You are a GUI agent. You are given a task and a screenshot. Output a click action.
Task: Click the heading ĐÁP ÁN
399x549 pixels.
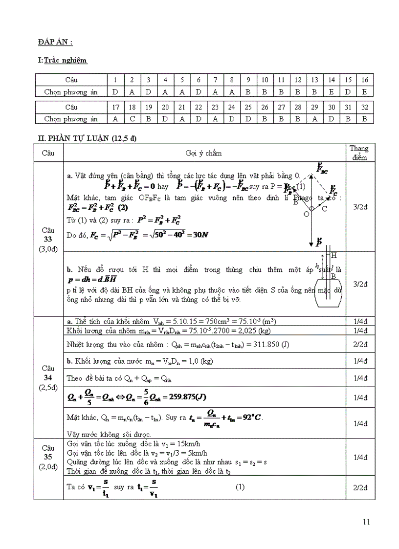pyautogui.click(x=55, y=43)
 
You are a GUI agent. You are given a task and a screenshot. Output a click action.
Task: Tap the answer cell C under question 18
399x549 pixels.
pyautogui.click(x=132, y=118)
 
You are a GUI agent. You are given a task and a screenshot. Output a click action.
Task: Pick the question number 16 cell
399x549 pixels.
pyautogui.click(x=365, y=79)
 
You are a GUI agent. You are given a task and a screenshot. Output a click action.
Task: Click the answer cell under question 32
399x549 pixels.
pyautogui.click(x=365, y=118)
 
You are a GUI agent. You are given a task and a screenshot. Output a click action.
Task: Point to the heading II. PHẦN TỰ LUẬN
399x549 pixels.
pyautogui.click(x=88, y=139)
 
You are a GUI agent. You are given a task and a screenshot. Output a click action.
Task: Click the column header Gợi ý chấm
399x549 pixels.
pyautogui.click(x=203, y=153)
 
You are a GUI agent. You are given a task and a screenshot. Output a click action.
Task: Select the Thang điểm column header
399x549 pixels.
pyautogui.click(x=359, y=153)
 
